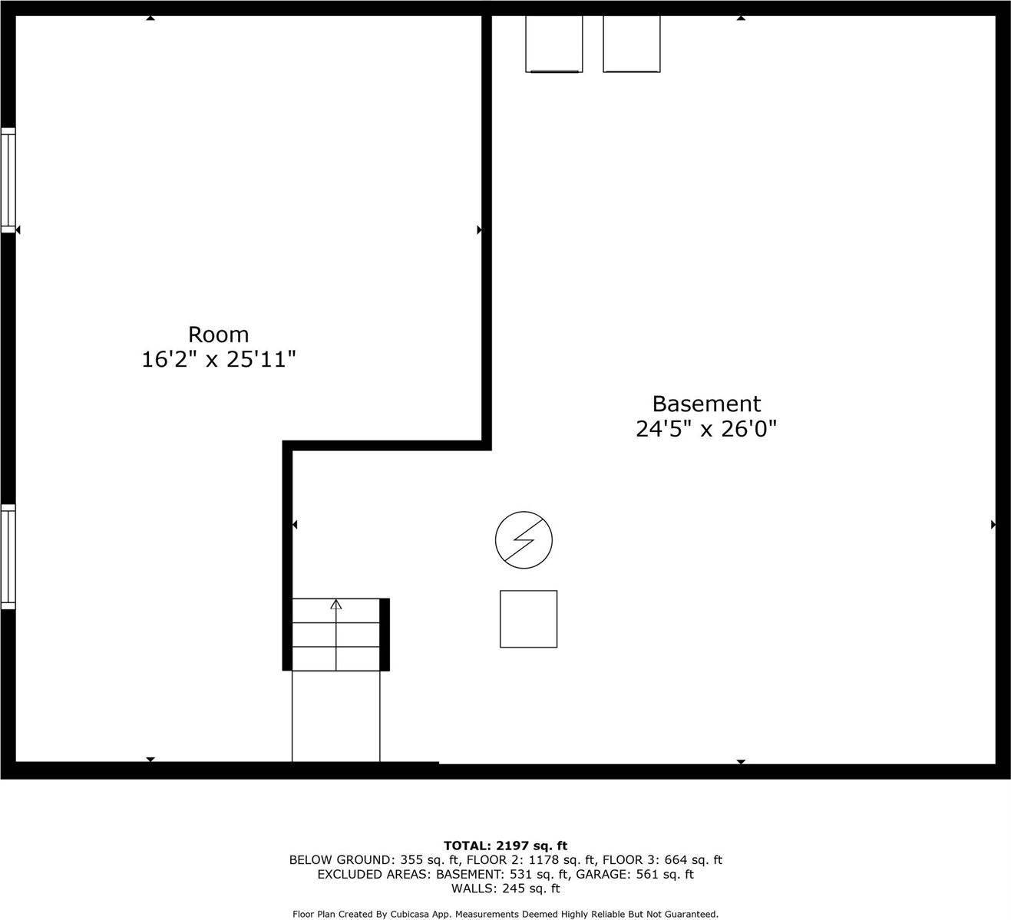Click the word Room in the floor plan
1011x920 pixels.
tap(219, 335)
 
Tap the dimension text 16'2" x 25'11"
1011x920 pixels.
tap(219, 359)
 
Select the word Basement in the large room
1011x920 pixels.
tap(706, 404)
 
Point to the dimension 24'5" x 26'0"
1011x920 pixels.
tap(706, 428)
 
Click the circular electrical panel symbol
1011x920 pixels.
tap(524, 539)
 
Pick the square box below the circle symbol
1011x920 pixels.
tap(528, 618)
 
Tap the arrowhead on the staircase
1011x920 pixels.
tap(335, 605)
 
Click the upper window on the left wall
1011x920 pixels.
tap(8, 180)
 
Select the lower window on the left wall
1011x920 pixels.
tap(8, 556)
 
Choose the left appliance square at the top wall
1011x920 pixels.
tap(553, 43)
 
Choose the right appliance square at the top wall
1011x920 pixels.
tap(631, 43)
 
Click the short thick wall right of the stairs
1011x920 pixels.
tap(385, 634)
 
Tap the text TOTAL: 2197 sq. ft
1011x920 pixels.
tap(505, 846)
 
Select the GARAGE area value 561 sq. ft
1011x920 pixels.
tap(666, 875)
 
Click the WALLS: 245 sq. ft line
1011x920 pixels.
tap(505, 889)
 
